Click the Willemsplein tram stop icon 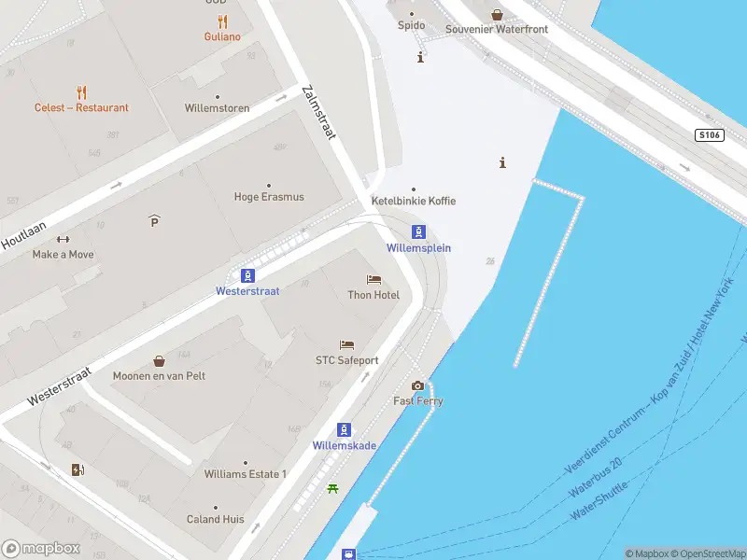[x=419, y=232]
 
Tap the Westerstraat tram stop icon [x=248, y=275]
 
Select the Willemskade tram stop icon [x=345, y=430]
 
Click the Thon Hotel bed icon [x=373, y=280]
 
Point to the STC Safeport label [x=346, y=360]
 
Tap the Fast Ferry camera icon [x=417, y=385]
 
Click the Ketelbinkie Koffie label [x=414, y=201]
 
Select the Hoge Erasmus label [x=269, y=197]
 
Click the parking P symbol [x=154, y=220]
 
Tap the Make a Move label [x=63, y=254]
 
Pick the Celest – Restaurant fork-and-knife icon [x=82, y=92]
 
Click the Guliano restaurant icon [x=222, y=21]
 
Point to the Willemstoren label [x=218, y=108]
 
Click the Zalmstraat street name [x=318, y=113]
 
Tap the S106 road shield [x=710, y=135]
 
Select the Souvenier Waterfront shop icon [x=497, y=14]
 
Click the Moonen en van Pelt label [x=159, y=376]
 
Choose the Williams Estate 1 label [x=246, y=474]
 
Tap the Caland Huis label [x=216, y=519]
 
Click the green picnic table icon [x=332, y=488]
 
